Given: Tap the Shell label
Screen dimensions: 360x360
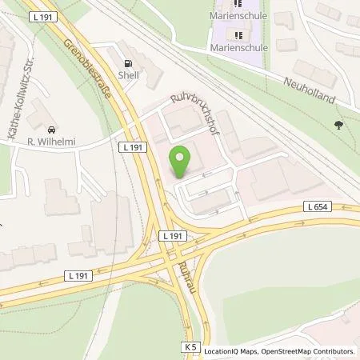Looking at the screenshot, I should coord(127,77).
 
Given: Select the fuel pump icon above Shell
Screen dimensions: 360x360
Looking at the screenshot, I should coord(127,64).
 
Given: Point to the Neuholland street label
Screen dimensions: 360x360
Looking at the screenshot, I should coord(317,88).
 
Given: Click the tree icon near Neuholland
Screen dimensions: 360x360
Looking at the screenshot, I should coord(338,124).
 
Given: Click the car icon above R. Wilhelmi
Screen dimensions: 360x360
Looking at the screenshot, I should coord(51,130).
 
